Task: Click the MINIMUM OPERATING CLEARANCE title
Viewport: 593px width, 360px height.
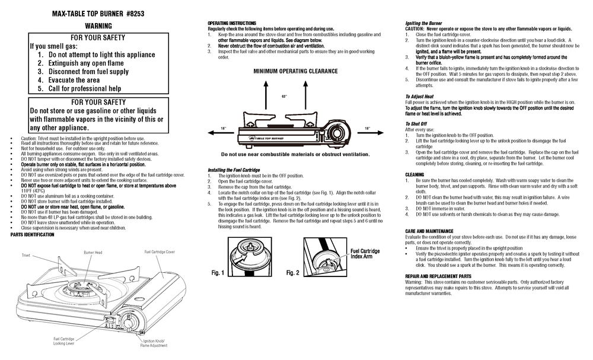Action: [x=295, y=71]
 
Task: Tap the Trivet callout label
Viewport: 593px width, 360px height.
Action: [x=26, y=255]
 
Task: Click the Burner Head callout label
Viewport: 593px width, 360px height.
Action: [x=93, y=252]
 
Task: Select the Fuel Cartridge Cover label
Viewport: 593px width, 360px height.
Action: [x=160, y=252]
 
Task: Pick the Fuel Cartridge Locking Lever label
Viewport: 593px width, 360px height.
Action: [x=63, y=341]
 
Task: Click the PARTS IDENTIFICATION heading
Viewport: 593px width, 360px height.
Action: [x=33, y=234]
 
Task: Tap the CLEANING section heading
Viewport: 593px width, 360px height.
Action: [x=415, y=174]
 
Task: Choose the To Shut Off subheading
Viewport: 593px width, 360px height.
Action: [x=416, y=123]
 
